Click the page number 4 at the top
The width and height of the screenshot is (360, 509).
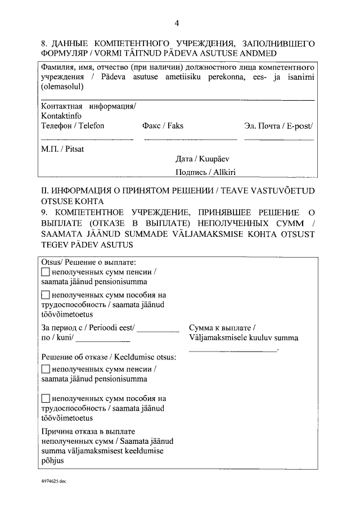[177, 23]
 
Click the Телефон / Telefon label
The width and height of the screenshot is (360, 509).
[73, 126]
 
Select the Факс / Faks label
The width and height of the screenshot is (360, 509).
[164, 126]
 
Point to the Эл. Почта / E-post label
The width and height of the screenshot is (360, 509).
[278, 126]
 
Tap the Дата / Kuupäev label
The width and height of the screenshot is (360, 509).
[202, 159]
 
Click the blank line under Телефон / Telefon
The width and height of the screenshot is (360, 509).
[87, 139]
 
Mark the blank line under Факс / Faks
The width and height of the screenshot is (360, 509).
[191, 139]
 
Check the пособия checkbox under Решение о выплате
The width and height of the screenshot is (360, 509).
[46, 295]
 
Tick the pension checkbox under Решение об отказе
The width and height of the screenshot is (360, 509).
[46, 370]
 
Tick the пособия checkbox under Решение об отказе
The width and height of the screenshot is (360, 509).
[46, 399]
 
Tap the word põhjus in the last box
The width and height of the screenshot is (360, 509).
[52, 460]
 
